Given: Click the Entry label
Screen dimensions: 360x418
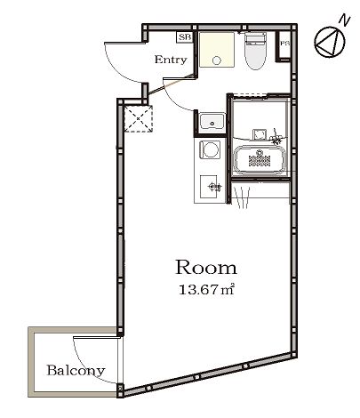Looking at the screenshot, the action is [171, 60].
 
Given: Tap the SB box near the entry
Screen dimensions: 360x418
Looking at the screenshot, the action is [185, 37].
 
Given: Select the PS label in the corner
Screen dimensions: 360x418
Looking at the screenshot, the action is [284, 44].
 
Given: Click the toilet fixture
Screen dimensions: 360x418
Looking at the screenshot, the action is [255, 51].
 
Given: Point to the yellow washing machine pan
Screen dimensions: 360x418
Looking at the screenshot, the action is [217, 50].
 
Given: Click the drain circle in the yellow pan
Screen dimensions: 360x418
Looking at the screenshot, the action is [217, 60].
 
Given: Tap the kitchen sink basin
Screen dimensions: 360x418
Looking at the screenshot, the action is [212, 122].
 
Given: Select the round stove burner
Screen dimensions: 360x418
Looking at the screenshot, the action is [211, 149].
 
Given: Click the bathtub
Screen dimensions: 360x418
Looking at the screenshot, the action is [260, 159].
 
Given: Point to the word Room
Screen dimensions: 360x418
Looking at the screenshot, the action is [206, 268].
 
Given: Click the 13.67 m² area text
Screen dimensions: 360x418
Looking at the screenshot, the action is [207, 289].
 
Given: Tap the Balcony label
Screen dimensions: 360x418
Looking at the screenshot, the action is [76, 371].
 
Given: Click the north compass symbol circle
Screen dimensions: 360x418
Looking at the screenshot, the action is [330, 42].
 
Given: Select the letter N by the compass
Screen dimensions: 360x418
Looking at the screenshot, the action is [345, 20].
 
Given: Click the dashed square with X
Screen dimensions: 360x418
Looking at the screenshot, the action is [139, 118].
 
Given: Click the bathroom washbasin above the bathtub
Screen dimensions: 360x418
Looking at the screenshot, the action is [260, 134].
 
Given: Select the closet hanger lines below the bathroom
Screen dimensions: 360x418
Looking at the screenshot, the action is [243, 197].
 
